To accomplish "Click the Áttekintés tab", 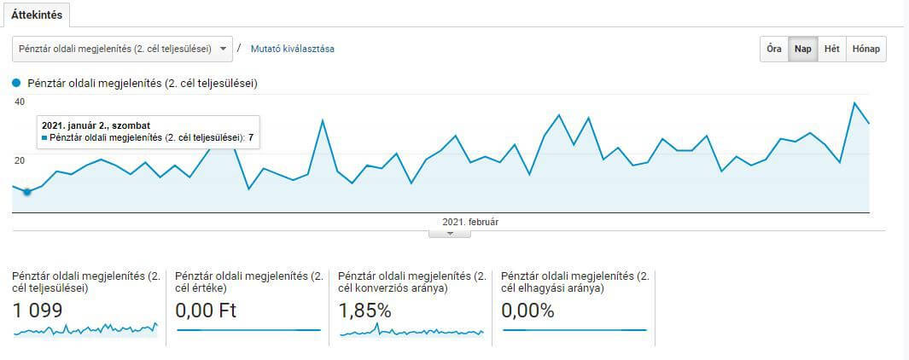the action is [x=36, y=15].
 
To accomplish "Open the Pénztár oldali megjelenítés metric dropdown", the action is [x=122, y=49].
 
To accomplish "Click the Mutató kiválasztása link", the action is [x=292, y=49].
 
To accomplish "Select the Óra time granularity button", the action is [x=774, y=49].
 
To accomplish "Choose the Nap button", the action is [x=803, y=49].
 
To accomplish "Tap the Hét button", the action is [x=832, y=49].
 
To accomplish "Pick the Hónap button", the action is [x=866, y=49].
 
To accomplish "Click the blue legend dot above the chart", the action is [x=16, y=84].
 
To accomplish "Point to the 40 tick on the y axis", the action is [x=20, y=102].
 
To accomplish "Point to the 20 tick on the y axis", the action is [x=20, y=160].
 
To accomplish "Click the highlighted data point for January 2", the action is [x=26, y=192].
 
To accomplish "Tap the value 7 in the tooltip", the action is [x=251, y=138].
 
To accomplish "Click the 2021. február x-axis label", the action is [x=471, y=222].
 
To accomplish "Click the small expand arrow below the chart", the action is [x=450, y=234].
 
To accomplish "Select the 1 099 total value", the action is [x=37, y=311].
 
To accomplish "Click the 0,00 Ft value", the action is [x=206, y=311].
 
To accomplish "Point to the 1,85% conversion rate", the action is [x=365, y=311].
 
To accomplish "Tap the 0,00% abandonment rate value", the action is [x=528, y=311].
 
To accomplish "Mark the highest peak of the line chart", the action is [x=854, y=102].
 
